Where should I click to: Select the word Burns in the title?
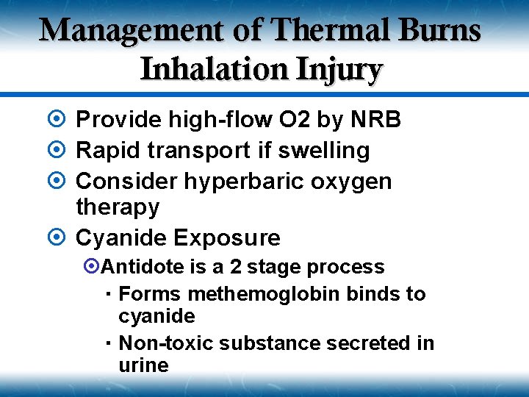(439, 32)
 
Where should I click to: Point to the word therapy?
(118, 207)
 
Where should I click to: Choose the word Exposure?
(227, 237)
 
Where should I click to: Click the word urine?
(143, 365)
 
